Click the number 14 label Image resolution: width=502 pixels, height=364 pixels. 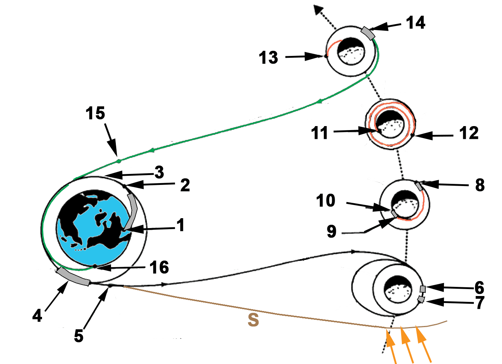(415, 23)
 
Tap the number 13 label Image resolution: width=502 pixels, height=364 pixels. (269, 58)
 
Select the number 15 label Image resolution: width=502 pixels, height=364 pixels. (95, 113)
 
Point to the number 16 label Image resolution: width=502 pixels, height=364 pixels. (159, 268)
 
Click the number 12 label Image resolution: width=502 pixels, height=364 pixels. (469, 133)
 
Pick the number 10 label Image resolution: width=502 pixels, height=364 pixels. (326, 201)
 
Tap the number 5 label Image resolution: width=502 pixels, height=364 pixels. (79, 336)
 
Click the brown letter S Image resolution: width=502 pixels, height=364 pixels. (253, 320)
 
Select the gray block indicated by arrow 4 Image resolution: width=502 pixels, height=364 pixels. (73, 276)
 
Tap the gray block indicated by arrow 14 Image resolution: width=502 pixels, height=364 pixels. (368, 33)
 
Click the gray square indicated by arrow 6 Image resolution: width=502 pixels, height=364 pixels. (423, 289)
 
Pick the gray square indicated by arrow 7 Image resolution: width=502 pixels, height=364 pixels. (421, 300)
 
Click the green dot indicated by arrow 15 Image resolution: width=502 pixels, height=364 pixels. (118, 161)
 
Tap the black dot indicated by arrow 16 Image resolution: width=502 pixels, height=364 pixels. (95, 266)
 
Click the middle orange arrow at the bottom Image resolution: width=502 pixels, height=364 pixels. (407, 344)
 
